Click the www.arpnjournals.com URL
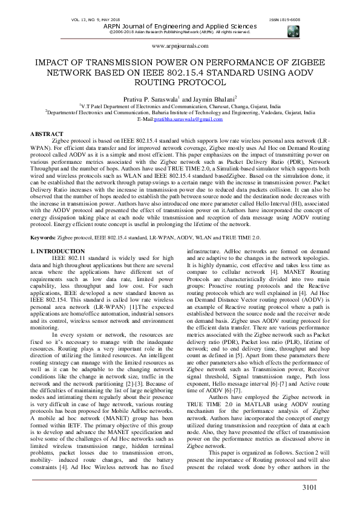coord(180,45)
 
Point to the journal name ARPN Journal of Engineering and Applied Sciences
coord(180,27)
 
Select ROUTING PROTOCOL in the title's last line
coord(180,82)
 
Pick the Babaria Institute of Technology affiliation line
coord(180,112)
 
